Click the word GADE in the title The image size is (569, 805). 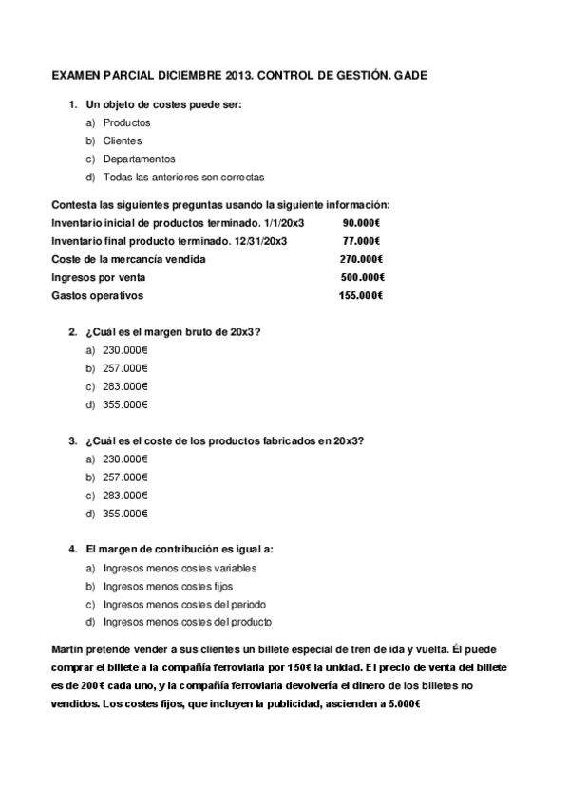pyautogui.click(x=409, y=73)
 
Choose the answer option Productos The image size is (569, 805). pyautogui.click(x=126, y=122)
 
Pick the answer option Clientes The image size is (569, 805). pyautogui.click(x=123, y=140)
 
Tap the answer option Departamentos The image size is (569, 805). pyautogui.click(x=139, y=159)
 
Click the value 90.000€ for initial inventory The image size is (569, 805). pyautogui.click(x=361, y=222)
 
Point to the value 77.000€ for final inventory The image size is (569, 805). pyautogui.click(x=361, y=240)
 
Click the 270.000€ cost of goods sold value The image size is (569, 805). pyautogui.click(x=361, y=259)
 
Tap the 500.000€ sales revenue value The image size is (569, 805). pyautogui.click(x=361, y=277)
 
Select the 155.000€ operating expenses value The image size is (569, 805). pyautogui.click(x=360, y=295)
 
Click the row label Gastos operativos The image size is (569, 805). pyautogui.click(x=97, y=295)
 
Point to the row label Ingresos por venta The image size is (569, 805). pyautogui.click(x=98, y=277)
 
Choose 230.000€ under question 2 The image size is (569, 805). pyautogui.click(x=125, y=349)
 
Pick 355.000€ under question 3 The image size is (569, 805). pyautogui.click(x=125, y=514)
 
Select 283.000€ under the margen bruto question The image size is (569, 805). pyautogui.click(x=125, y=386)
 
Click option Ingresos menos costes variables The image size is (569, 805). pyautogui.click(x=180, y=568)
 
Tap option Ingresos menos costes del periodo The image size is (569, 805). pyautogui.click(x=184, y=605)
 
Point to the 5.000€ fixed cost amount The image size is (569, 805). pyautogui.click(x=402, y=703)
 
